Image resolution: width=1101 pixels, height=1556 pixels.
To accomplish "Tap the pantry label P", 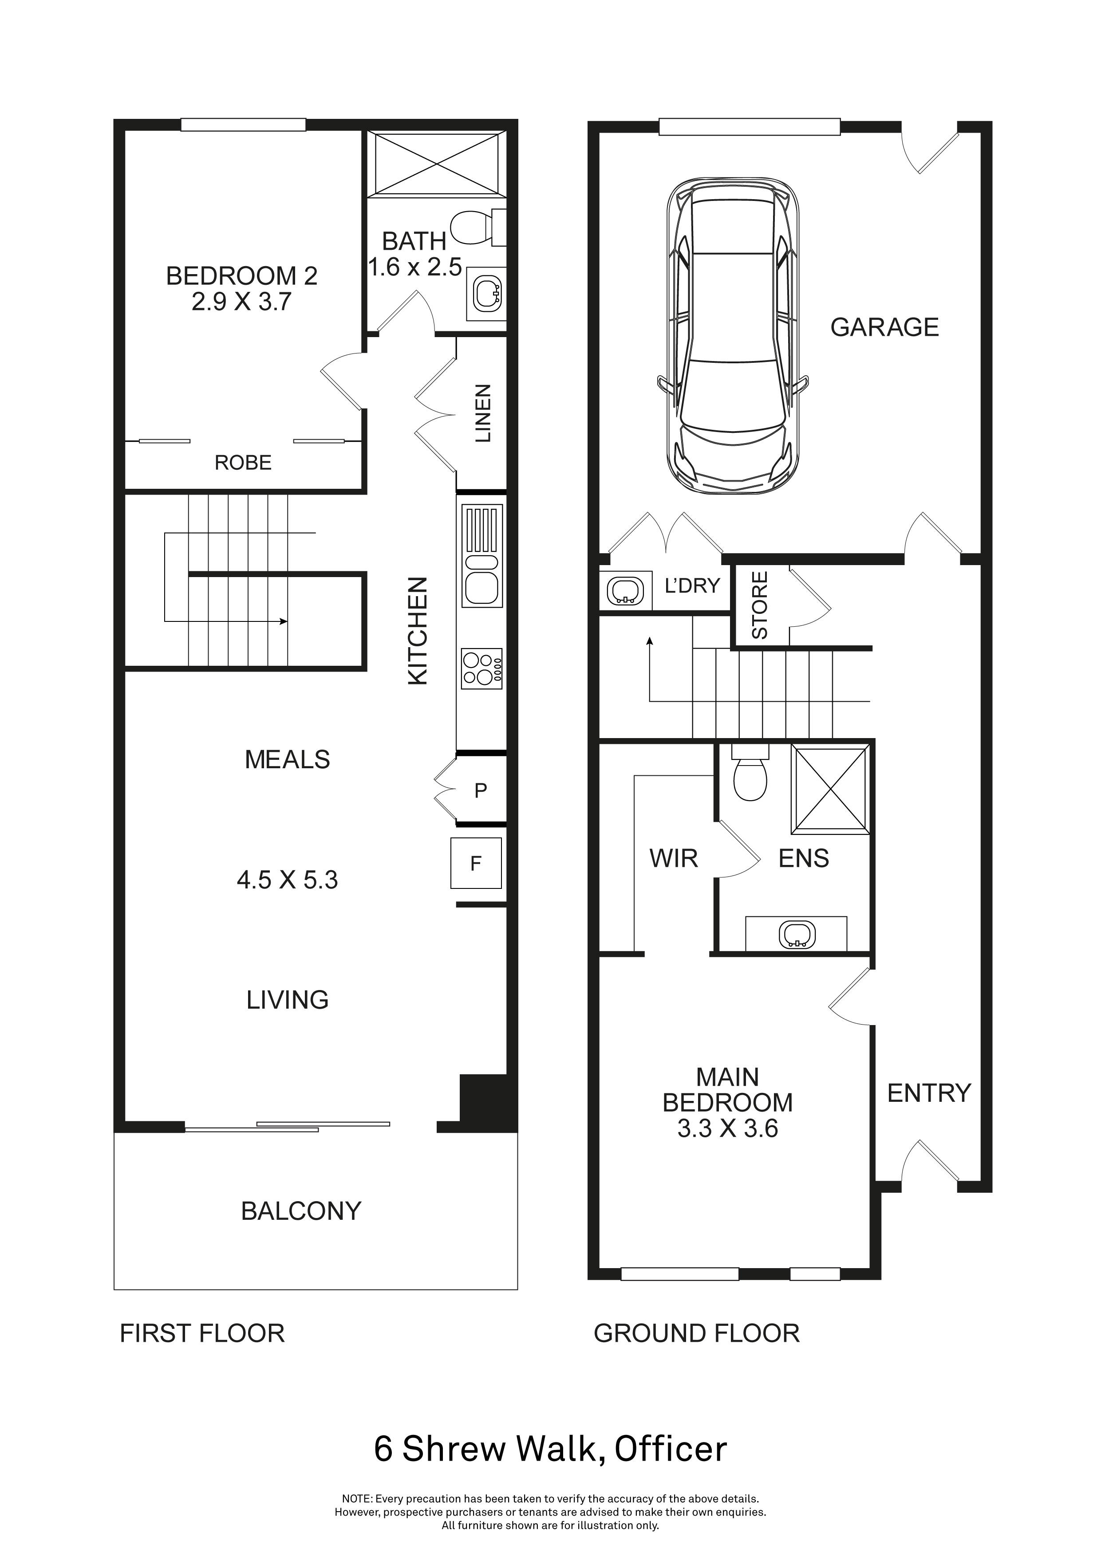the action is pos(481,790).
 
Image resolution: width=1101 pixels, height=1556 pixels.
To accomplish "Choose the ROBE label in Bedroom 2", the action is pos(243,463).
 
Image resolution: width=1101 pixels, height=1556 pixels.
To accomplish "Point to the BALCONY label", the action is pos(301,1211).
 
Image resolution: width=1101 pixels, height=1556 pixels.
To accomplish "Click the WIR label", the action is pos(673,859).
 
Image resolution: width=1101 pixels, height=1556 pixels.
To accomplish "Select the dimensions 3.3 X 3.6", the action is pos(727,1129).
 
